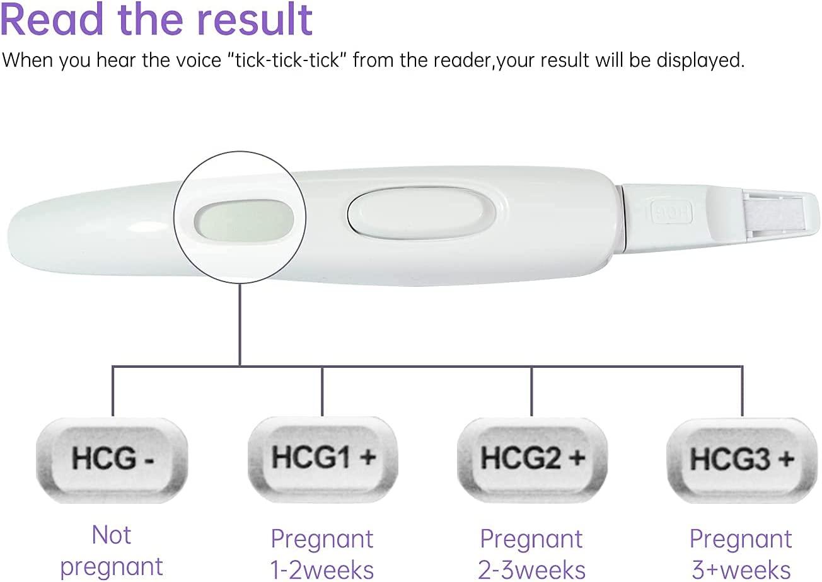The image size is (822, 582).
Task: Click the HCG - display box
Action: (x=112, y=459)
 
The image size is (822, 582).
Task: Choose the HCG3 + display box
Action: (x=741, y=459)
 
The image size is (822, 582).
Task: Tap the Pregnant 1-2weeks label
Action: (x=322, y=554)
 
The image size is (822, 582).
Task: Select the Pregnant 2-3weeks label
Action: (x=531, y=554)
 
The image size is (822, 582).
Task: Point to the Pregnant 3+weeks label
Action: (x=741, y=554)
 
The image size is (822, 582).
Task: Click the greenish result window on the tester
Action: (x=243, y=220)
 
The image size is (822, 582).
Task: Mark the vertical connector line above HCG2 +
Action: (x=531, y=391)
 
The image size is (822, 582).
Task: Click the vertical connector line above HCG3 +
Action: (x=741, y=391)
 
